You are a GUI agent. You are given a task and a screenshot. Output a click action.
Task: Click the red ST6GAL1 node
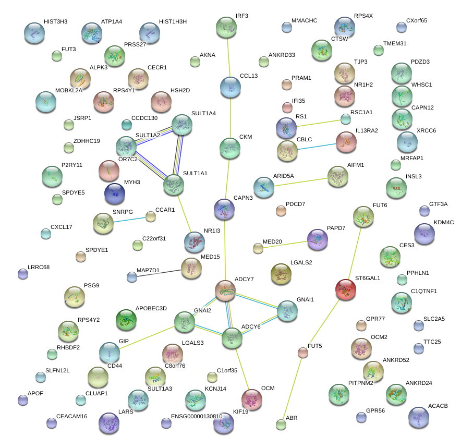[x=346, y=289]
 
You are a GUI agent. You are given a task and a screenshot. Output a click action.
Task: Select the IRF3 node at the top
[x=226, y=27]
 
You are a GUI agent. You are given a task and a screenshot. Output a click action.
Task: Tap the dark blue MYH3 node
[x=114, y=193]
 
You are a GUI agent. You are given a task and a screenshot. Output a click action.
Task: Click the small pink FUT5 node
[x=303, y=353]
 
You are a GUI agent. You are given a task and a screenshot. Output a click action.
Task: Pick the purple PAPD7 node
[x=317, y=239]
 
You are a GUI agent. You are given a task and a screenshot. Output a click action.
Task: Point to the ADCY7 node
[x=225, y=290]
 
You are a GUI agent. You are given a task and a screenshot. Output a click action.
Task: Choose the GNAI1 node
[x=287, y=311]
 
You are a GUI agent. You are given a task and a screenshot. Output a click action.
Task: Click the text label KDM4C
[x=444, y=223]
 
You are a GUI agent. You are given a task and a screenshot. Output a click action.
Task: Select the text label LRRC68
[x=39, y=268]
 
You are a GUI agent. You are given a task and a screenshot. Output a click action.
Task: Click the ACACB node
[x=419, y=417]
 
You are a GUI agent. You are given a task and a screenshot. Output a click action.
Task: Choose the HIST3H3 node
[x=34, y=33]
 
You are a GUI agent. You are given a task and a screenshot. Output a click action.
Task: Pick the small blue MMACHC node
[x=286, y=27]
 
